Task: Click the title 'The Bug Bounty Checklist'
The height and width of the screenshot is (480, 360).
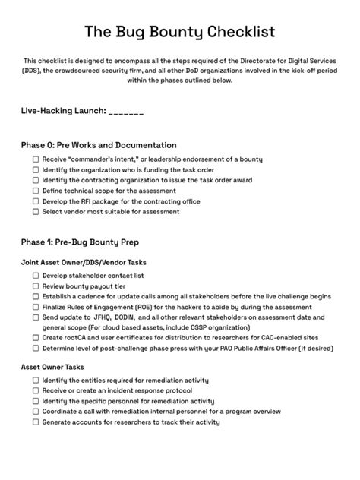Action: (x=180, y=31)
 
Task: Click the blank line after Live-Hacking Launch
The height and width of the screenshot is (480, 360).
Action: (x=126, y=112)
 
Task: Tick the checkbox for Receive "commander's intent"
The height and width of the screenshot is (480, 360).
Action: (x=36, y=159)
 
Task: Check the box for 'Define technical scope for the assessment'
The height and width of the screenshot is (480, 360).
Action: (x=36, y=191)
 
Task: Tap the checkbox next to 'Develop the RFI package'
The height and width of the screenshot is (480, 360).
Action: (x=36, y=202)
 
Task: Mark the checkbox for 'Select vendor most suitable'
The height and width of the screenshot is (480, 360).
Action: (x=36, y=213)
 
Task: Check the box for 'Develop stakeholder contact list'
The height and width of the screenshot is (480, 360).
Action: (x=36, y=276)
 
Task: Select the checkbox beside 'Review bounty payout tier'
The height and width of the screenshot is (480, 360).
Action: (x=36, y=286)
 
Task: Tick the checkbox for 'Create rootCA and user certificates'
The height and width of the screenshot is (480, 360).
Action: (x=36, y=338)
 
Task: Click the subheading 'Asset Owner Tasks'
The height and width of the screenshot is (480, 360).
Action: (x=52, y=367)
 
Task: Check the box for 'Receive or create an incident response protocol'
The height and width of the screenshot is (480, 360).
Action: (x=36, y=390)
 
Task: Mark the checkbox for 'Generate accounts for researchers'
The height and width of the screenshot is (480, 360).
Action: (x=36, y=422)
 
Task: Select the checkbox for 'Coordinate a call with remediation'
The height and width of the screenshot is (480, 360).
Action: (x=36, y=412)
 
